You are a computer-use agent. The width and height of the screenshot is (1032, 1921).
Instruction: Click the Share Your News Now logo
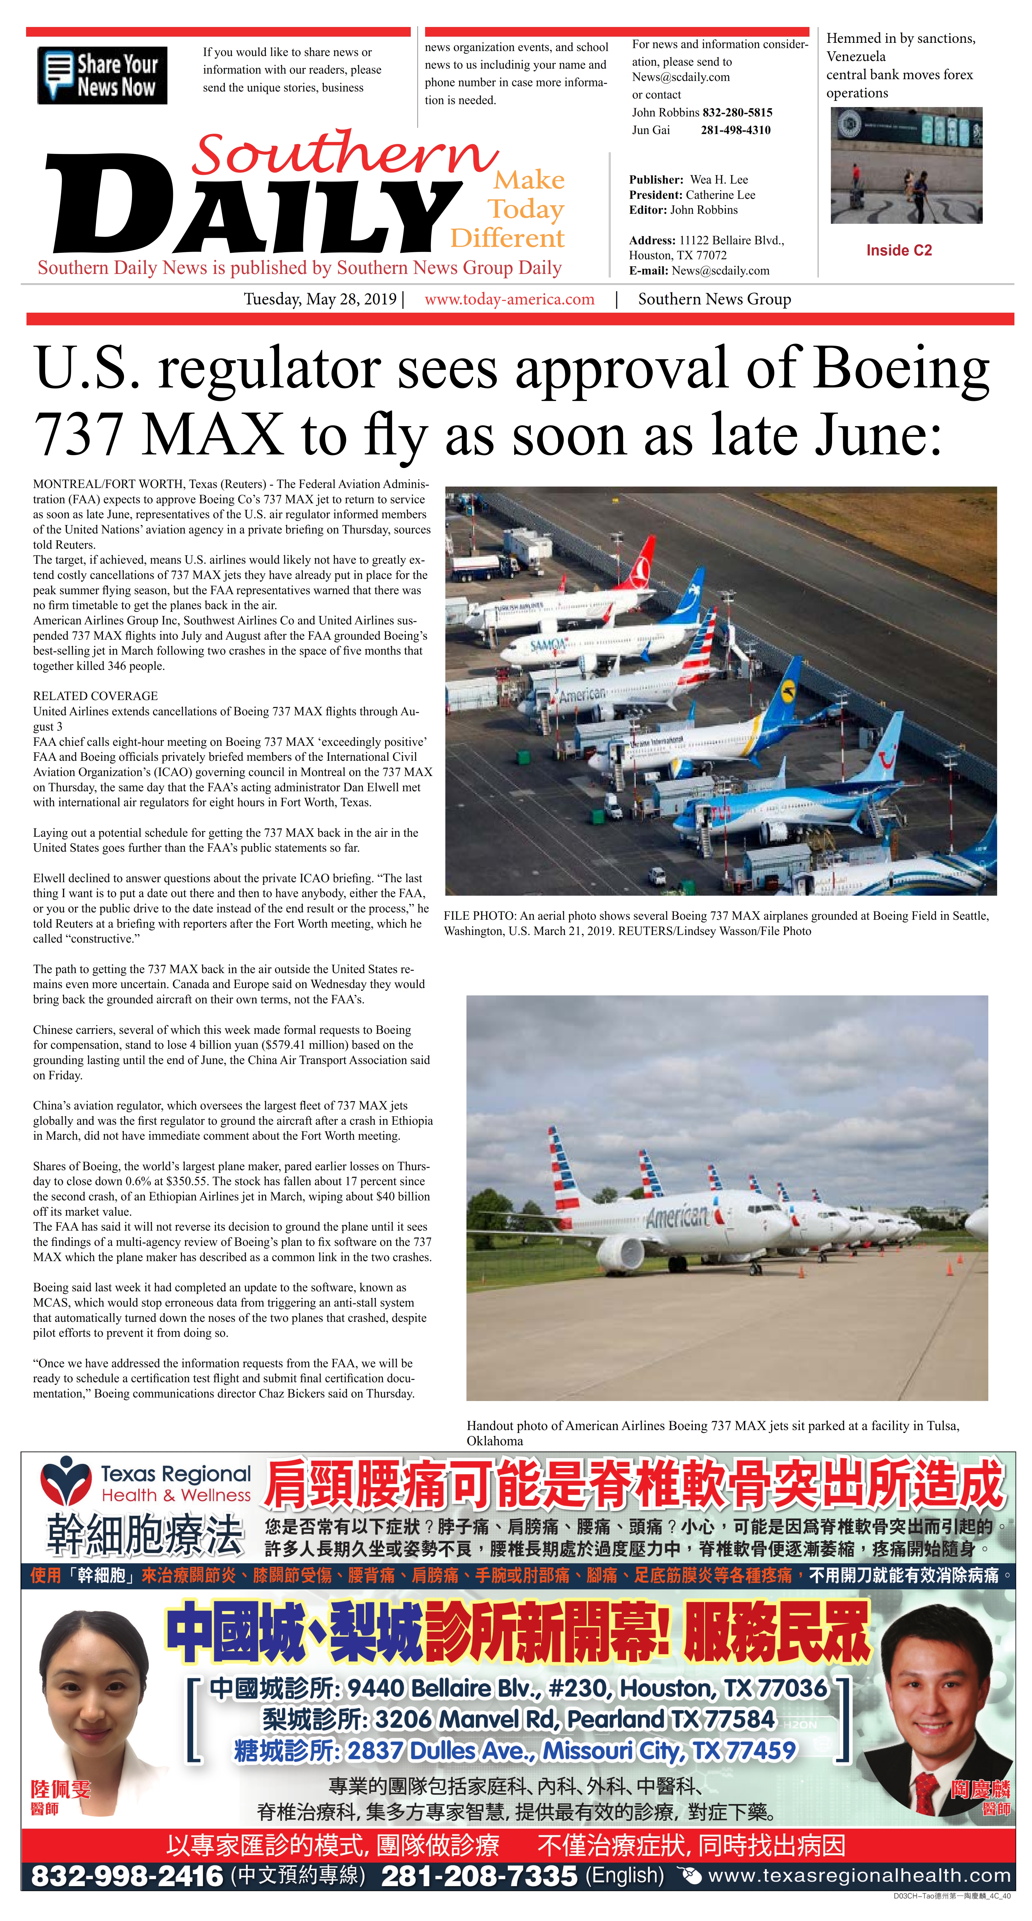tap(102, 75)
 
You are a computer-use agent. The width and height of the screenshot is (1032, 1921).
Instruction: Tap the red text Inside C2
tap(899, 250)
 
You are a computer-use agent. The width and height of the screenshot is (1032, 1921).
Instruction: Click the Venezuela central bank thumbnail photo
tap(906, 165)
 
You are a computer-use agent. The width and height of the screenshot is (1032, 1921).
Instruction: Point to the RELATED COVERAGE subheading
tap(96, 696)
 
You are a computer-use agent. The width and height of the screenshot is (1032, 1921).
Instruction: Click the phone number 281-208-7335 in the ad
tap(479, 1876)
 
